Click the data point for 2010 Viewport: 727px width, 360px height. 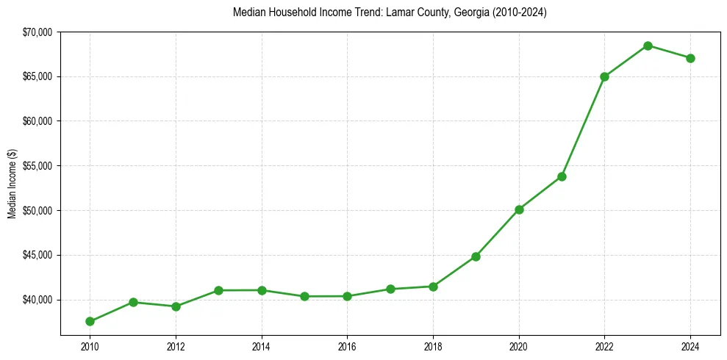tap(90, 321)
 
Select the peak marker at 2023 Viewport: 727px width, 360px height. tap(648, 46)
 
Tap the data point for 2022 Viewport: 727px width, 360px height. tap(604, 76)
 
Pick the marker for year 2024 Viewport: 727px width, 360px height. tap(690, 58)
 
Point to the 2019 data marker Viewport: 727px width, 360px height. tap(476, 256)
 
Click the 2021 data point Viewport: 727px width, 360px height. tap(562, 176)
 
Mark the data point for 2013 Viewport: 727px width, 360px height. tap(218, 290)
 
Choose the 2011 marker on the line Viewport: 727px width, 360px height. tap(133, 302)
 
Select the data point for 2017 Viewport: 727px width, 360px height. tap(390, 289)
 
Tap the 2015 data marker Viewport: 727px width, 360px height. tap(304, 296)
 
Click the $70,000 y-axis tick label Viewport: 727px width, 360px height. tap(37, 32)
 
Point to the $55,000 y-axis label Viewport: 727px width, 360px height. tap(37, 166)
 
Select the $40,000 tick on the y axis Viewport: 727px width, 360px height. tap(37, 300)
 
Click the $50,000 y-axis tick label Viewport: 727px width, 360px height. tap(37, 211)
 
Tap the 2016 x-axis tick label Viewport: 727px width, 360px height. tap(347, 345)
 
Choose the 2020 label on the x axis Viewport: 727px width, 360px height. tap(519, 345)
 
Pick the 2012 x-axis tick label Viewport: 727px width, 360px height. tap(176, 345)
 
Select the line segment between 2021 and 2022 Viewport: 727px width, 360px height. tap(583, 126)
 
